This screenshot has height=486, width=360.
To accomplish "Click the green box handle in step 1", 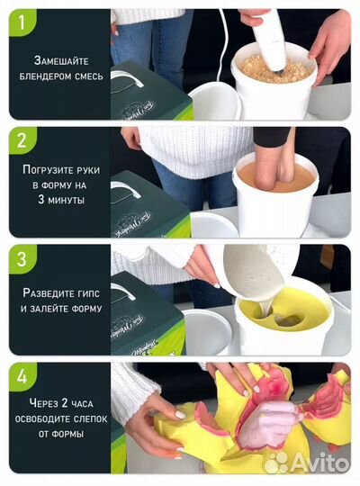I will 127,76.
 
